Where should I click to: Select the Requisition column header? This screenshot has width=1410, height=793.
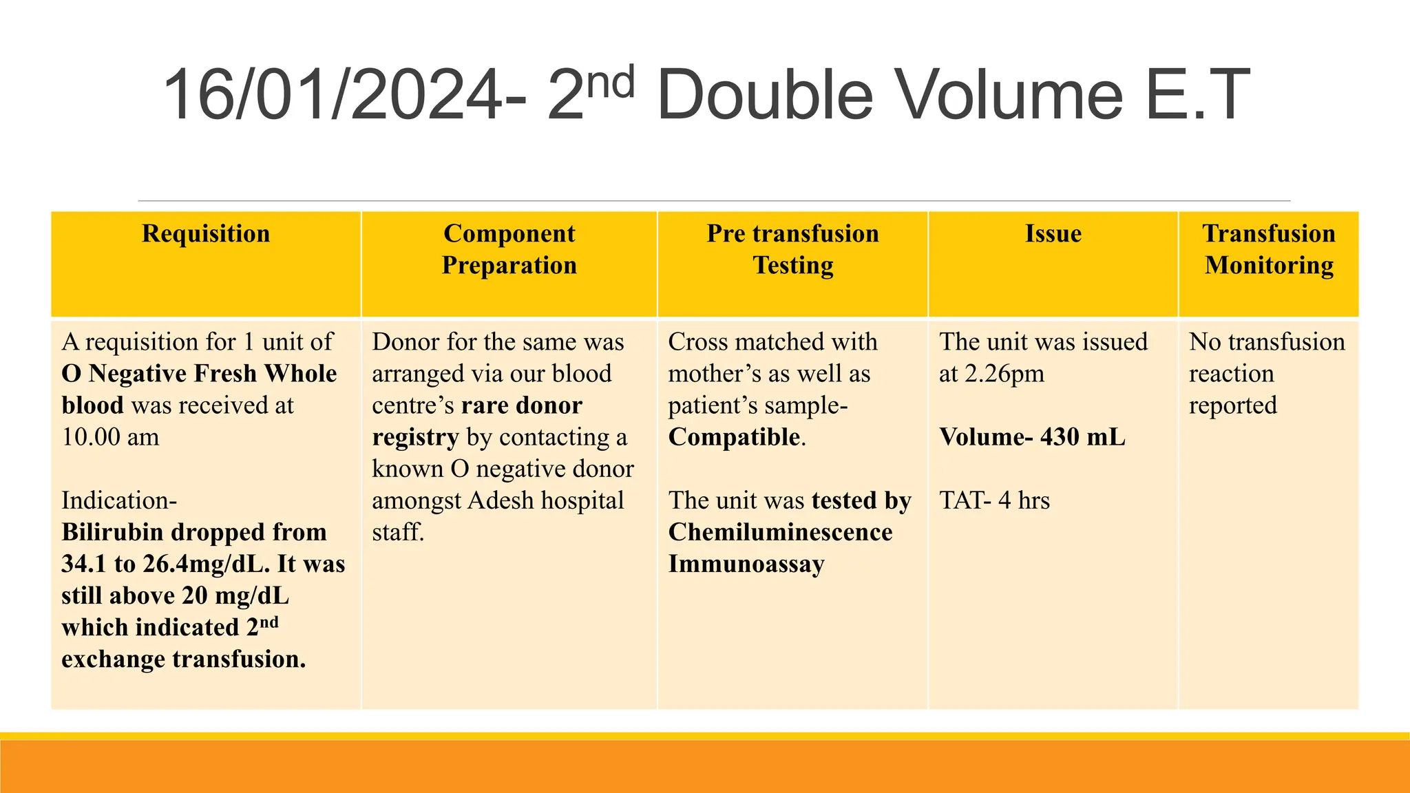click(206, 234)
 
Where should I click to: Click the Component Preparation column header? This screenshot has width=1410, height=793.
click(509, 249)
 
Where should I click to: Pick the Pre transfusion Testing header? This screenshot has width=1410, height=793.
click(792, 249)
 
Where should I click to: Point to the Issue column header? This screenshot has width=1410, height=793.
click(1053, 234)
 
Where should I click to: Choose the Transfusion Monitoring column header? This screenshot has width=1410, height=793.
click(1269, 249)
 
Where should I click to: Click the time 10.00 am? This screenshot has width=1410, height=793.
click(110, 437)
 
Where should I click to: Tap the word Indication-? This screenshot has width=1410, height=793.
click(119, 500)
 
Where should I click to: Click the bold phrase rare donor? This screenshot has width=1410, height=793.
click(521, 405)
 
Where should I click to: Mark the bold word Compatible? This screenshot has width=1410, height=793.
click(734, 437)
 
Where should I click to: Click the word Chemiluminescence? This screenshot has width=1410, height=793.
click(780, 532)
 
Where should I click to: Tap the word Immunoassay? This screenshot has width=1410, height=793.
click(746, 564)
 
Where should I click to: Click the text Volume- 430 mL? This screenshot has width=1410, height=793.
click(1032, 437)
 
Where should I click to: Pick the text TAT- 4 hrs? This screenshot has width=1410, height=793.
click(994, 500)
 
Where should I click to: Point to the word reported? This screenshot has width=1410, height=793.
click(1232, 405)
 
